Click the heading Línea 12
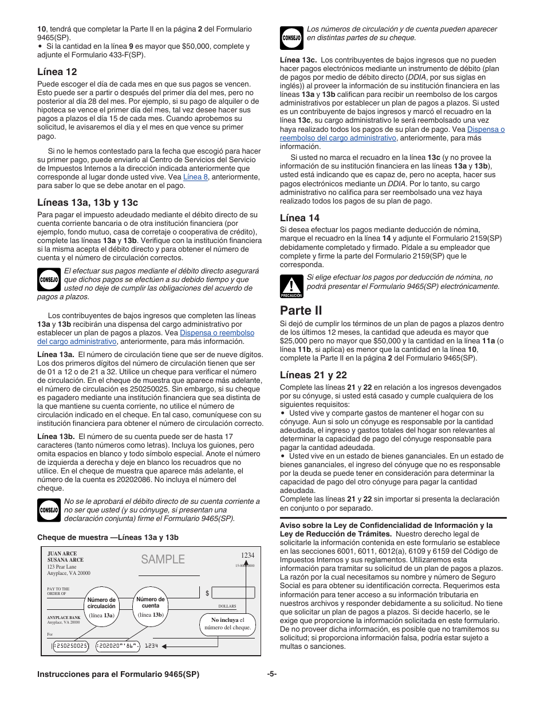[x=57, y=72]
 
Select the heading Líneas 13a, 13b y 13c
[x=88, y=202]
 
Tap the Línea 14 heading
[x=299, y=217]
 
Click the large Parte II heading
[x=301, y=310]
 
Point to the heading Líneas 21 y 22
[x=313, y=375]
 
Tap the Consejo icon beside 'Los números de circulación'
[x=291, y=38]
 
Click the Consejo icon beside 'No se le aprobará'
[x=49, y=510]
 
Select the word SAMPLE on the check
[x=163, y=559]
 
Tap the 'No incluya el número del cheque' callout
[x=228, y=624]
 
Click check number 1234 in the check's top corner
[x=247, y=555]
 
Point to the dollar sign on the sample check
[x=207, y=593]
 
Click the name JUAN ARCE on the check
[x=62, y=554]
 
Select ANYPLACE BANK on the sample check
[x=64, y=617]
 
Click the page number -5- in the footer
[x=271, y=675]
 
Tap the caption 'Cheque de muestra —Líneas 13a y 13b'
[x=108, y=537]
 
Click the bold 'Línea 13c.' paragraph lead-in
[x=298, y=60]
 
